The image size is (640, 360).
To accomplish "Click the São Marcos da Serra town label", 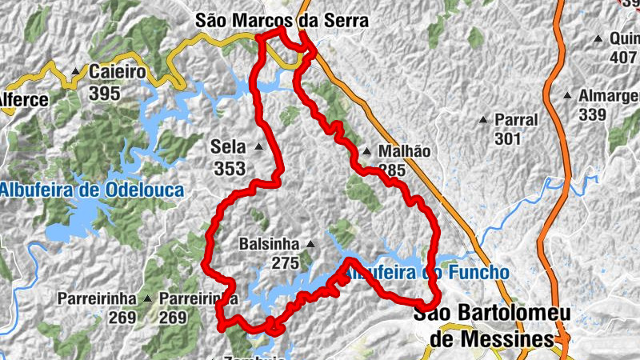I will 282,21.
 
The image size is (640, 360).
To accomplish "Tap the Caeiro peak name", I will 117,72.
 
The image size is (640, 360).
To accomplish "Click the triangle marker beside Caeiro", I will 76,71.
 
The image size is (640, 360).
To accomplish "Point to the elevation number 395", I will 105,93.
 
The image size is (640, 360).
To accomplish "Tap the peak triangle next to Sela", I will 258,147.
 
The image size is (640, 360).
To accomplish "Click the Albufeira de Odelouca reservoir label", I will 92,190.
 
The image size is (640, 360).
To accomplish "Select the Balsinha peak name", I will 269,243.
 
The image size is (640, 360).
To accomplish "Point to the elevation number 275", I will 285,263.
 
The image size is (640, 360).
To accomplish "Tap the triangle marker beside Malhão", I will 366,151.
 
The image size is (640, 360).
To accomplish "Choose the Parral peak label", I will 516,120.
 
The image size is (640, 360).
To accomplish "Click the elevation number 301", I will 507,139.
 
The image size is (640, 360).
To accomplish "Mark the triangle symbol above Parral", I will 483,120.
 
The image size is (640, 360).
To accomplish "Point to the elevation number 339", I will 593,114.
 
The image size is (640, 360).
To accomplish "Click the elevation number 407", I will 622,58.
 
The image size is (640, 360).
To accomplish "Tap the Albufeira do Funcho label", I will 426,273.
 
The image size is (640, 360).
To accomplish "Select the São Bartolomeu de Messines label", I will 483,327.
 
